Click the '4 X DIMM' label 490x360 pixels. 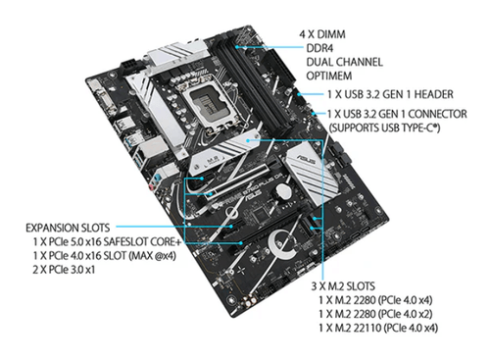click(x=322, y=34)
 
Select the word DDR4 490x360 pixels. click(x=319, y=48)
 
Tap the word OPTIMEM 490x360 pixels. click(x=329, y=76)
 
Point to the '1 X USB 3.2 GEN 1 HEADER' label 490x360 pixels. click(x=390, y=94)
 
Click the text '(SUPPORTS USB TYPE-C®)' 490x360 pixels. click(x=384, y=128)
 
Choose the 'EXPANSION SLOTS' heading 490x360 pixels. click(x=68, y=228)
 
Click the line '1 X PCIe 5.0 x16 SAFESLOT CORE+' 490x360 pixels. click(x=107, y=242)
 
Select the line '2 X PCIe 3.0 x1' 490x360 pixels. click(x=64, y=270)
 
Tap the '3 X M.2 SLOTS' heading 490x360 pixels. click(x=343, y=286)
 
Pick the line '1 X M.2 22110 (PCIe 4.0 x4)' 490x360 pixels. click(x=378, y=328)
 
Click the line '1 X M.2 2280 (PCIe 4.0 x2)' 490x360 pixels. click(x=375, y=314)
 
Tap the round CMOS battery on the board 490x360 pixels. click(x=282, y=191)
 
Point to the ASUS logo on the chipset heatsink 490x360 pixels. click(x=306, y=159)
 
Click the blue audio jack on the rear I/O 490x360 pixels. click(x=158, y=179)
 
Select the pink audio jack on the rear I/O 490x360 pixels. click(x=151, y=187)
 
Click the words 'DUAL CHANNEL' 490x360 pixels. click(x=344, y=62)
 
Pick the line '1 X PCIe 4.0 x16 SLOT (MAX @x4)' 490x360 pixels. click(x=105, y=256)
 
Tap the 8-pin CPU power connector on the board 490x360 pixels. click(x=130, y=68)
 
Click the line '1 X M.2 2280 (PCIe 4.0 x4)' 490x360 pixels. click(x=375, y=300)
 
